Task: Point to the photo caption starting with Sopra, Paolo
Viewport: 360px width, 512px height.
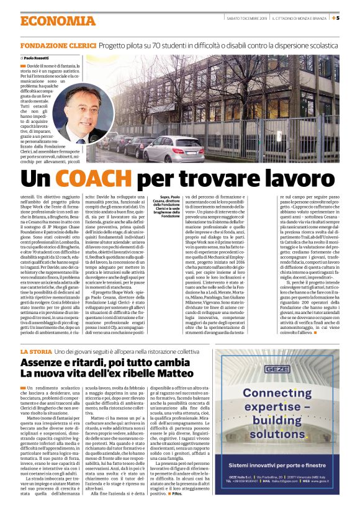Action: click(170, 206)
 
